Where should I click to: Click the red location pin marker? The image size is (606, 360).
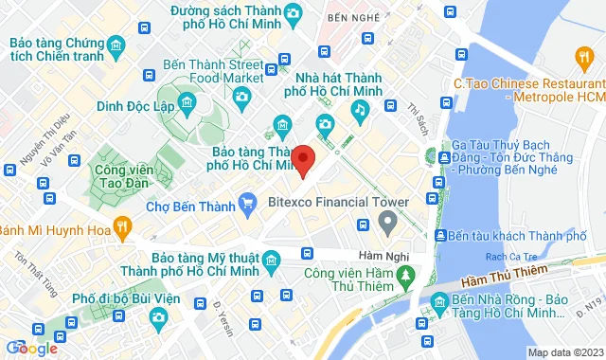[x=303, y=161]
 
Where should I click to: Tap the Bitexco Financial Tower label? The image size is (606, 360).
[x=338, y=202]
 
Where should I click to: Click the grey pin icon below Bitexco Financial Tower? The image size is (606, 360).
[x=386, y=223]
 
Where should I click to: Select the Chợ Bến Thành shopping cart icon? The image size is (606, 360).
[x=248, y=202]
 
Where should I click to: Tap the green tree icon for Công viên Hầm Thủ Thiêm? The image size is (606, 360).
[x=405, y=276]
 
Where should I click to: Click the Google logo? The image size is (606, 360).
[x=30, y=348]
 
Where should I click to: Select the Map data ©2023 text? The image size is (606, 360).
[x=565, y=353]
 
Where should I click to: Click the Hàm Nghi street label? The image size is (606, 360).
[x=383, y=256]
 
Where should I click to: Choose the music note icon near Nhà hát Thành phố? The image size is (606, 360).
[x=360, y=110]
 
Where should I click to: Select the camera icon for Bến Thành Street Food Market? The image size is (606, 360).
[x=242, y=95]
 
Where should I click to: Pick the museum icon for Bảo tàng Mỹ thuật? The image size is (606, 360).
[x=272, y=261]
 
